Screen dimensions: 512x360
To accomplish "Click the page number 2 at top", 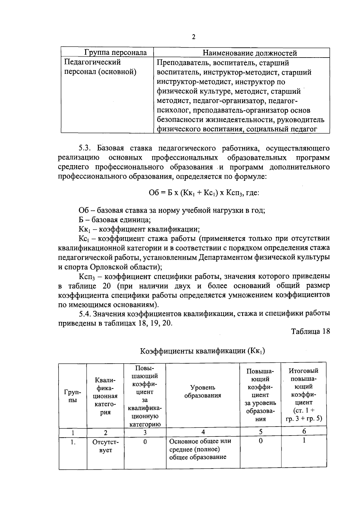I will (x=193, y=37).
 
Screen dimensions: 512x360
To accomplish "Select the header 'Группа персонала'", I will (x=115, y=53).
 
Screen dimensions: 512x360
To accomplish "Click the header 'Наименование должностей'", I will (x=250, y=53).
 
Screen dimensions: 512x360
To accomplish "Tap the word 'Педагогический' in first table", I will (x=93, y=62).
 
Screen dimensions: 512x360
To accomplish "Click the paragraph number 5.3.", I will (x=87, y=148).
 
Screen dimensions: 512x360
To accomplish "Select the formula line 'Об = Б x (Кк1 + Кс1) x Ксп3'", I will (x=204, y=193).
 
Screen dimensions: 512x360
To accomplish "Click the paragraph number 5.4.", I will (x=85, y=314).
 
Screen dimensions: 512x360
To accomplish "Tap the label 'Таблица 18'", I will (x=310, y=331).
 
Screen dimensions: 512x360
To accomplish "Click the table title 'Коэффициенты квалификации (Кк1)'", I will (x=202, y=351).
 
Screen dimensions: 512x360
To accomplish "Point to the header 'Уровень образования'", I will (x=203, y=391).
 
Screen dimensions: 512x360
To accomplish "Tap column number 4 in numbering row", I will (x=203, y=432).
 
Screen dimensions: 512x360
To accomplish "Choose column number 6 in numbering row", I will (x=304, y=431).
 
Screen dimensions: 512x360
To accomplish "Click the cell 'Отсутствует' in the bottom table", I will (x=105, y=446).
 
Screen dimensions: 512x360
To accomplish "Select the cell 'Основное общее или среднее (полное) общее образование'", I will (x=200, y=449).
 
